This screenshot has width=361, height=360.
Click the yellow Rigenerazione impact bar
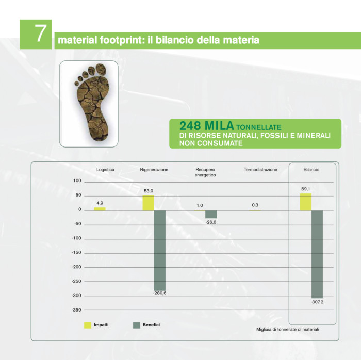click(149, 203)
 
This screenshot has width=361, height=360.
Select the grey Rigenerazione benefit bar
click(160, 251)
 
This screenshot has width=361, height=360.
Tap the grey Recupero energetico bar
click(211, 214)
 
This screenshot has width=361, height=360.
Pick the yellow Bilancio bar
click(305, 202)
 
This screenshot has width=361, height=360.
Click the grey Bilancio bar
click(317, 254)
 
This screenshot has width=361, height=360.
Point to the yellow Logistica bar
click(100, 209)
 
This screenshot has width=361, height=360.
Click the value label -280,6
click(159, 293)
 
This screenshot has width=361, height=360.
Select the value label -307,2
click(317, 302)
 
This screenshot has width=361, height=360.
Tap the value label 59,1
click(305, 189)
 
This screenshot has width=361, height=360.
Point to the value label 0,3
click(255, 205)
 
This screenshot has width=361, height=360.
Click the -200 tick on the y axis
click(76, 267)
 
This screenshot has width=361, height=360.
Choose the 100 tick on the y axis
click(77, 181)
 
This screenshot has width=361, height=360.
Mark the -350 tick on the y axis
click(76, 310)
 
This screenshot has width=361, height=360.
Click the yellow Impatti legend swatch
click(88, 325)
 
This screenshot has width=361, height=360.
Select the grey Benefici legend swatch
click(137, 325)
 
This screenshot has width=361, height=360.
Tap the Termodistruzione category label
click(260, 169)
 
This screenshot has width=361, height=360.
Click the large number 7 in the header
click(40, 34)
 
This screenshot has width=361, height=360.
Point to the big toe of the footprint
click(101, 69)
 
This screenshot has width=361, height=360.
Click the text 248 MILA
click(206, 126)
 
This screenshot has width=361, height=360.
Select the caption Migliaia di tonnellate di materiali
click(288, 329)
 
